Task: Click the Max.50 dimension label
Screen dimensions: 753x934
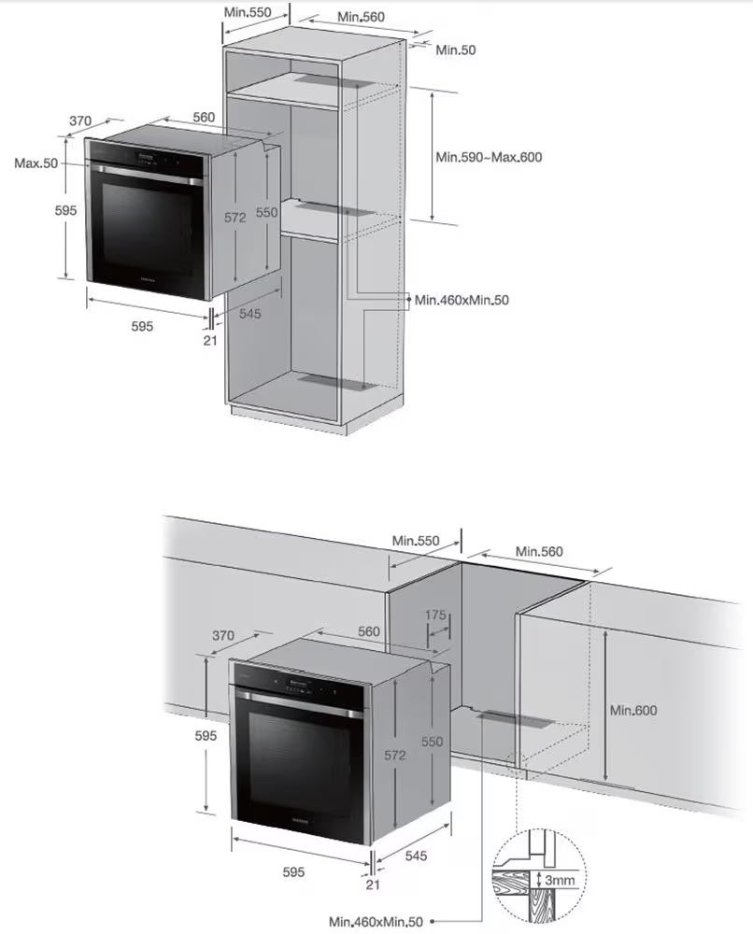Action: point(36,163)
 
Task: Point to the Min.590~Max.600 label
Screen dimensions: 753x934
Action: point(490,157)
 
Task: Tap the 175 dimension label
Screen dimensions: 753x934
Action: point(435,615)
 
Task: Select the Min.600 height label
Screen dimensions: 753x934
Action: point(633,710)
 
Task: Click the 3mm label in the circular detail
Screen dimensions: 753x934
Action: point(560,880)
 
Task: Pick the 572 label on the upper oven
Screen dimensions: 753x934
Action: point(234,218)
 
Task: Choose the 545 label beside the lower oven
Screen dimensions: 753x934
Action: point(416,856)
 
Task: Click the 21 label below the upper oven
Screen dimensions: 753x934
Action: point(210,341)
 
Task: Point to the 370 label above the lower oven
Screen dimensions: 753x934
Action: point(222,635)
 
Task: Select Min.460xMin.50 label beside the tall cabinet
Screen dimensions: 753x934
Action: point(462,300)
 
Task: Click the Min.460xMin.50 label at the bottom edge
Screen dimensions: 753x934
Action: point(376,922)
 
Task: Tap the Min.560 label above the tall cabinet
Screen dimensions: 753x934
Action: point(361,17)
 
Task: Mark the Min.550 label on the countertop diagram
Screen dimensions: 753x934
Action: point(416,541)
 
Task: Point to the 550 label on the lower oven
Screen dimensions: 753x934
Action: point(432,742)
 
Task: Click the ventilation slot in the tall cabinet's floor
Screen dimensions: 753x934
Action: point(337,382)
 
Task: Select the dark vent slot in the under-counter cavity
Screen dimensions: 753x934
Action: point(516,719)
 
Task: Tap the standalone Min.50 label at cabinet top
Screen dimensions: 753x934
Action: point(456,50)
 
